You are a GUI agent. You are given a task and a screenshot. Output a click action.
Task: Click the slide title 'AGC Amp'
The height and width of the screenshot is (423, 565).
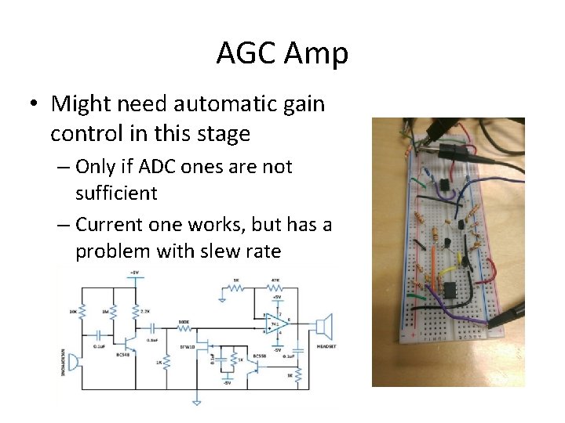tap(282, 54)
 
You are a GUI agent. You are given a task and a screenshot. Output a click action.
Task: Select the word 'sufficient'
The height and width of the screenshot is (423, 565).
tap(117, 193)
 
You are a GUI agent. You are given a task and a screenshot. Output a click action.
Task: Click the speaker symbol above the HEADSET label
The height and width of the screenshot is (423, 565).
tap(324, 324)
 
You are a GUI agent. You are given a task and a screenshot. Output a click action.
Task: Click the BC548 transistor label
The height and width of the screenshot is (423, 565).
tap(122, 354)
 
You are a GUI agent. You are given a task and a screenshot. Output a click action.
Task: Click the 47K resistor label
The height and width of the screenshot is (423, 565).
tap(275, 280)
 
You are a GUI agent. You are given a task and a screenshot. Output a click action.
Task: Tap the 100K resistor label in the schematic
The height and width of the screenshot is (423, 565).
tap(183, 321)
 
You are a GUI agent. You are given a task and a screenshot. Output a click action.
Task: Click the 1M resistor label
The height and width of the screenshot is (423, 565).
tap(105, 311)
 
